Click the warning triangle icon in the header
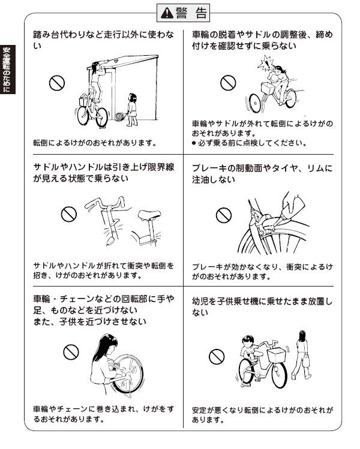click(x=167, y=13)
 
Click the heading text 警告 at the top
click(x=191, y=13)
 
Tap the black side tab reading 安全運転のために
click(x=7, y=70)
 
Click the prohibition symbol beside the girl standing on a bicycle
click(x=57, y=83)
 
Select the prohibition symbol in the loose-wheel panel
click(x=228, y=83)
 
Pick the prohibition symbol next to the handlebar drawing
click(x=69, y=214)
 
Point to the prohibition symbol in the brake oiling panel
click(x=224, y=215)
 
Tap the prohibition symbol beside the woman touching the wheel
click(x=71, y=352)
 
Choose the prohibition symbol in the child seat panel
click(x=217, y=357)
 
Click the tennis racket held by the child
click(x=121, y=116)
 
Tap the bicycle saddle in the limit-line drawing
click(x=149, y=214)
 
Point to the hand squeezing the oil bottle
click(x=292, y=202)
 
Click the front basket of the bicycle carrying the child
click(x=277, y=355)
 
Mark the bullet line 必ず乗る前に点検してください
click(x=249, y=143)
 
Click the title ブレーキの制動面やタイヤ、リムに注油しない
click(x=262, y=173)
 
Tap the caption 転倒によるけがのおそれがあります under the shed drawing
click(x=95, y=143)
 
